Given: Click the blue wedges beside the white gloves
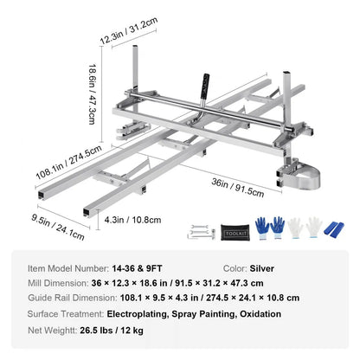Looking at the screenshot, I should (331, 230).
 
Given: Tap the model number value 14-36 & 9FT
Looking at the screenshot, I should (141, 269).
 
